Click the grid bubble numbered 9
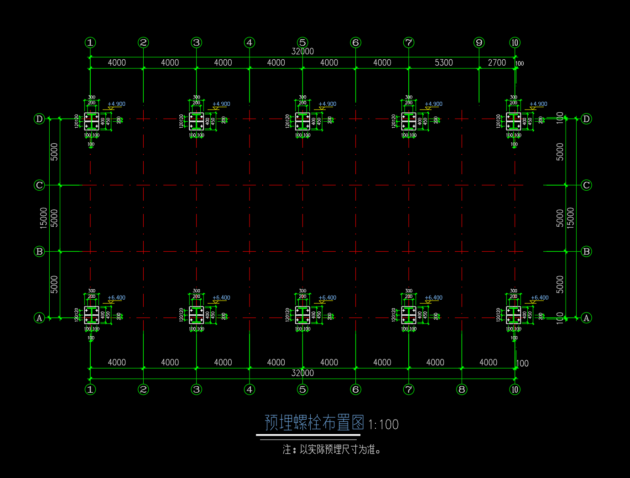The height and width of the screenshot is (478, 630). [479, 42]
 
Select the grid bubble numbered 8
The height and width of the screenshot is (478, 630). [462, 389]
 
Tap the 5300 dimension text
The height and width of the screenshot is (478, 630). [443, 62]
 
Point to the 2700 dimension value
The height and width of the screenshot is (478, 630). [497, 62]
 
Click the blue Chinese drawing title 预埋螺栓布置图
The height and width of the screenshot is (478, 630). [314, 423]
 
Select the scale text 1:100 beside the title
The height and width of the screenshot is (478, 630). [383, 425]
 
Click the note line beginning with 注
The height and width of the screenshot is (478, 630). [332, 450]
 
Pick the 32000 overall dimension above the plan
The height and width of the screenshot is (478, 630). [302, 51]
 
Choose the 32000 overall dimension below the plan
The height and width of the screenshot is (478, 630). [302, 373]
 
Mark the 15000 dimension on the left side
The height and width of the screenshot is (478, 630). [43, 218]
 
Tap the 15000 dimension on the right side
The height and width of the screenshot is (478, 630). [571, 218]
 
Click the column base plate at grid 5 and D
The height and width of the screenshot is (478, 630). [302, 121]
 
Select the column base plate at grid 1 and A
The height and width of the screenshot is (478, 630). [91, 315]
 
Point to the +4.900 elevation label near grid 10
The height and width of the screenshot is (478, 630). [538, 104]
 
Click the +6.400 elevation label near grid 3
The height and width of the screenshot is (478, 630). [221, 298]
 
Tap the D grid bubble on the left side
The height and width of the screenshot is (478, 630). [39, 119]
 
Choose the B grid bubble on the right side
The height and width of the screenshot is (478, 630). [586, 251]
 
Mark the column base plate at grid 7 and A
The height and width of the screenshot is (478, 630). [409, 315]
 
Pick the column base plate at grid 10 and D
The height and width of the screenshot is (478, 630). [514, 121]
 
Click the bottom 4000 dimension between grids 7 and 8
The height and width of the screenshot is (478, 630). [435, 362]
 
